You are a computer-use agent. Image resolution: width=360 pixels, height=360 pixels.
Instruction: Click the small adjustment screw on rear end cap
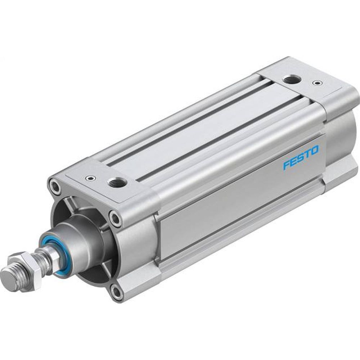(x=316, y=83)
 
